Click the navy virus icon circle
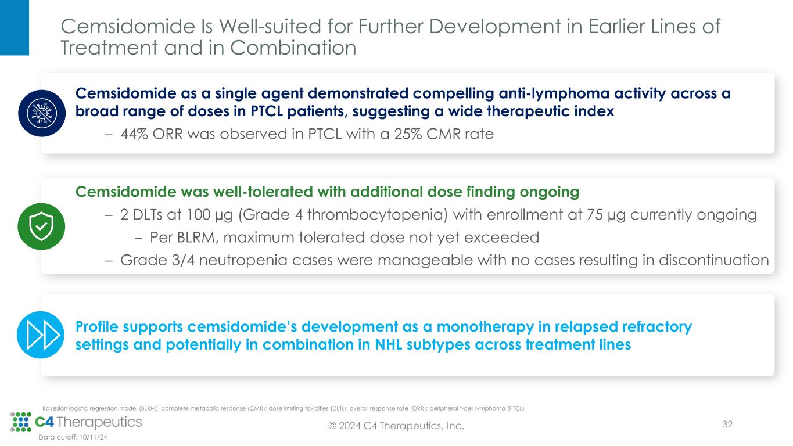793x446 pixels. pyautogui.click(x=42, y=113)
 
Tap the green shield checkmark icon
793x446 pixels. pyautogui.click(x=41, y=226)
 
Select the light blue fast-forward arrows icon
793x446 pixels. pyautogui.click(x=41, y=335)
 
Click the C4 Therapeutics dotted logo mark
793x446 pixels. pyautogui.click(x=21, y=422)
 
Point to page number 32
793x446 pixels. pyautogui.click(x=727, y=424)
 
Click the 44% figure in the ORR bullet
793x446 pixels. pyautogui.click(x=134, y=134)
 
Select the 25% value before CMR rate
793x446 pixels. pyautogui.click(x=408, y=134)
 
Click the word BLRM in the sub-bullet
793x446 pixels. pyautogui.click(x=196, y=238)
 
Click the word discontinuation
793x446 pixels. pyautogui.click(x=713, y=260)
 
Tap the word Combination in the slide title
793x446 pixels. pyautogui.click(x=293, y=48)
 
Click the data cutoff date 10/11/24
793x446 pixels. pyautogui.click(x=93, y=437)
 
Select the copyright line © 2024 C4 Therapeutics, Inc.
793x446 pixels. pyautogui.click(x=396, y=426)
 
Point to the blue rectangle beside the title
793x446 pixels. pyautogui.click(x=15, y=28)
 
